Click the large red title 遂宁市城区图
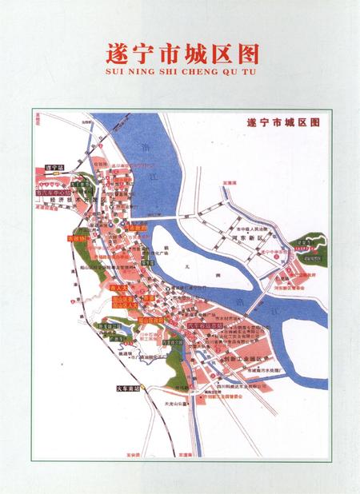(182, 53)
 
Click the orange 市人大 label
(120, 288)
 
